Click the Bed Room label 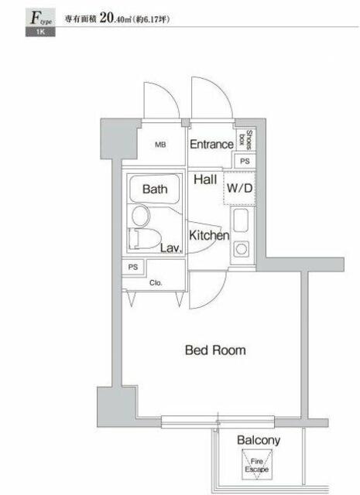(x=215, y=350)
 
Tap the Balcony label (x=259, y=440)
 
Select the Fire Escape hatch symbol (x=257, y=465)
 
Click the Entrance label (x=211, y=145)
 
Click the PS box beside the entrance (x=245, y=161)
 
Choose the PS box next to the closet (x=133, y=267)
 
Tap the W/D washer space (x=239, y=188)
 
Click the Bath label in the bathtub (x=155, y=189)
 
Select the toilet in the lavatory (x=145, y=239)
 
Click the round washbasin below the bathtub (x=141, y=216)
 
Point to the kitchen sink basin (x=241, y=220)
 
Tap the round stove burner (x=241, y=249)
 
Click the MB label (x=160, y=145)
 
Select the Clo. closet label (x=156, y=283)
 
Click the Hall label (x=205, y=179)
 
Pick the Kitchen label (x=209, y=235)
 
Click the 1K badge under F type (x=40, y=32)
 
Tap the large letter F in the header (x=35, y=18)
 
